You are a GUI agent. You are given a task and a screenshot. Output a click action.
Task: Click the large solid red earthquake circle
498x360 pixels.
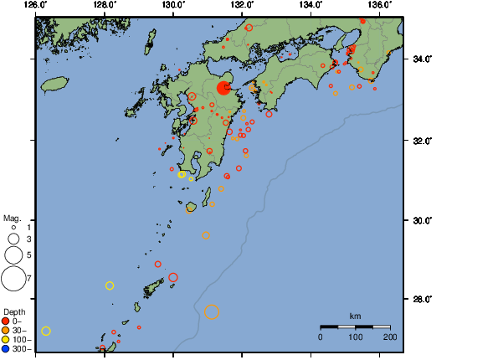(224, 88)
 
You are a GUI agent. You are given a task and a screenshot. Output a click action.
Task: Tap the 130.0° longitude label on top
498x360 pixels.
(172, 5)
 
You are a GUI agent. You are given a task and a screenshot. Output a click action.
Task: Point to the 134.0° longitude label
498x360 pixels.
(310, 5)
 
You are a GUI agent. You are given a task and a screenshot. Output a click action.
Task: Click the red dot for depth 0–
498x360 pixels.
(6, 321)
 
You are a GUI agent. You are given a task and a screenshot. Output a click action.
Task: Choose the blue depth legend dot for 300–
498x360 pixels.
(6, 348)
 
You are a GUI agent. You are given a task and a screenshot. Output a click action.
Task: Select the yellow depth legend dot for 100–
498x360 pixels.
(6, 339)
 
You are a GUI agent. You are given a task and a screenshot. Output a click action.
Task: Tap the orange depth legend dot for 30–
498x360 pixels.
(6, 330)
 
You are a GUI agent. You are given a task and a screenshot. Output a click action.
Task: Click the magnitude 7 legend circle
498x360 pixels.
(13, 277)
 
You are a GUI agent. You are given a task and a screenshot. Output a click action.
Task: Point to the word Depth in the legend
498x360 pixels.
(14, 311)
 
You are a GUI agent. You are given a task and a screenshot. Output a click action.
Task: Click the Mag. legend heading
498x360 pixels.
(12, 217)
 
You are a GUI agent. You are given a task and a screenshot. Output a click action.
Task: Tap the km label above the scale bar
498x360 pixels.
(355, 316)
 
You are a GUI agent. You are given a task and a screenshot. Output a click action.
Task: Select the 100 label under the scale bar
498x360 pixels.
(355, 337)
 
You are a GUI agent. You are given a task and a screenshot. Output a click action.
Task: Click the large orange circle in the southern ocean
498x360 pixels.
(211, 312)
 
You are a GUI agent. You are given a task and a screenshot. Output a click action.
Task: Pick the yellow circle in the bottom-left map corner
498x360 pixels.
(46, 331)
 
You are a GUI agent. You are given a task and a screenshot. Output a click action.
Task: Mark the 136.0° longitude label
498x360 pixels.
(378, 5)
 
